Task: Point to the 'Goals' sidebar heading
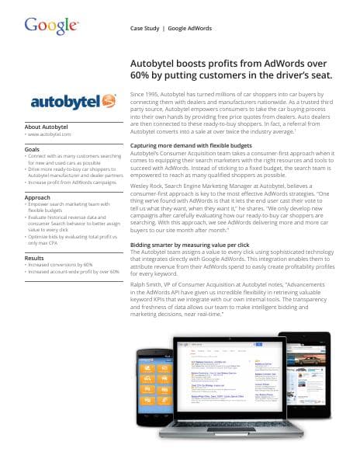pos(33,148)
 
